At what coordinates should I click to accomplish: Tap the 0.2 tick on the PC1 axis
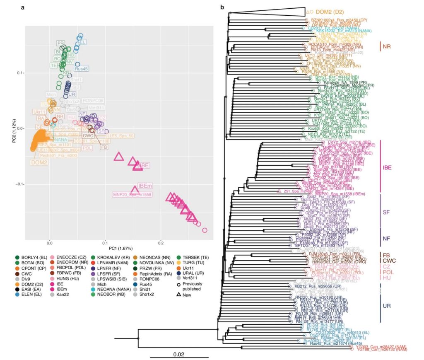pyautogui.click(x=161, y=241)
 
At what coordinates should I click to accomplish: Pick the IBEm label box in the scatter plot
pyautogui.click(x=145, y=185)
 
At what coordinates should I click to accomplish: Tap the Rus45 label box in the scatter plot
pyautogui.click(x=82, y=69)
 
